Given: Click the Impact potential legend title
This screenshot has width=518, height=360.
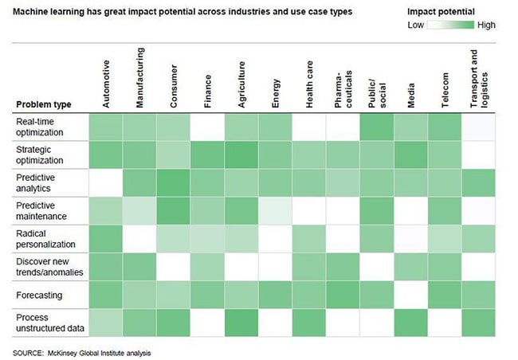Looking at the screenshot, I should [x=441, y=12].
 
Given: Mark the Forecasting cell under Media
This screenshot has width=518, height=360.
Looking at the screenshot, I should [x=410, y=296].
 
